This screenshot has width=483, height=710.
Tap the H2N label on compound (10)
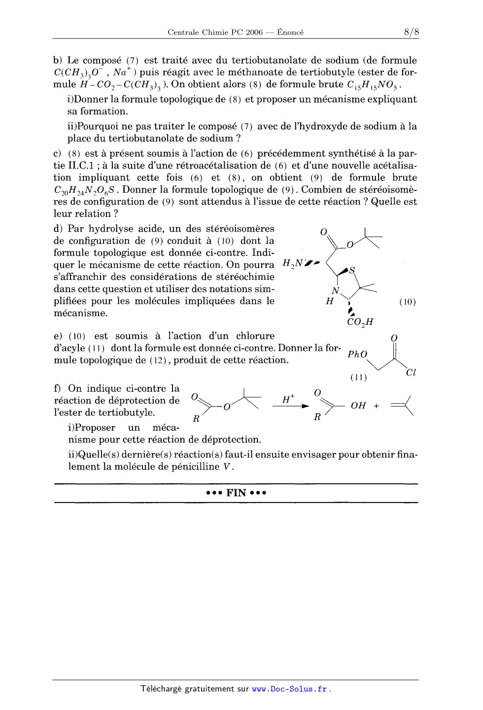tap(293, 263)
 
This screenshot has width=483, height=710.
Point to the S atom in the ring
tap(352, 270)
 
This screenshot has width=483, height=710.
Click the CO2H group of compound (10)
tap(360, 322)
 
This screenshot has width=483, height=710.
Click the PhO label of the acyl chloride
tap(358, 354)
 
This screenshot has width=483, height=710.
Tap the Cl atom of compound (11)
tap(411, 372)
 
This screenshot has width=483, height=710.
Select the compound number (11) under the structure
tap(358, 378)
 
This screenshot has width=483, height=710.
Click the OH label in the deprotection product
tap(358, 406)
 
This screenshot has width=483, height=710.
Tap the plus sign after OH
tap(377, 406)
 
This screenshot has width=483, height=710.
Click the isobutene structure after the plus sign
tap(403, 406)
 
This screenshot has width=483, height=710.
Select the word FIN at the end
tap(236, 493)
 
